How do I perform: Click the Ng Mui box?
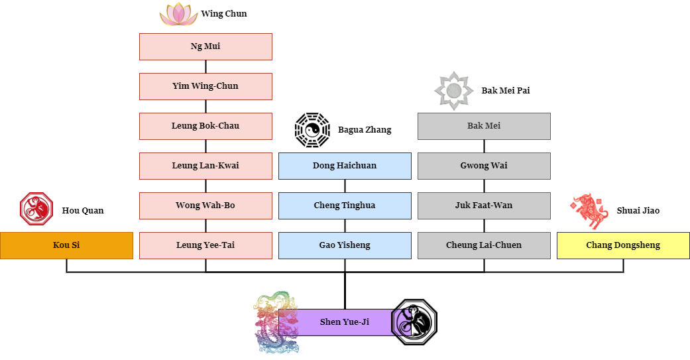(x=205, y=46)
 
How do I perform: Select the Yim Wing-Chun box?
(x=205, y=86)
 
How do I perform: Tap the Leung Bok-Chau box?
(x=205, y=126)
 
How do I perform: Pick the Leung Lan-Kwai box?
(x=205, y=166)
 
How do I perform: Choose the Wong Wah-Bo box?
(x=205, y=206)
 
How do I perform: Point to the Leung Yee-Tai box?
(x=205, y=245)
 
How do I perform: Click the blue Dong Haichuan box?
(x=345, y=166)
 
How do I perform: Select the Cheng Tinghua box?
(x=345, y=206)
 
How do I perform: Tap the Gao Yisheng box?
(x=345, y=245)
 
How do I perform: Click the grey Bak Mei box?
(x=484, y=126)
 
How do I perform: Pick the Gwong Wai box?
(x=484, y=166)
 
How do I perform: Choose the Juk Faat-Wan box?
(x=484, y=206)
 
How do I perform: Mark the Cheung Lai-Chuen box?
(x=484, y=245)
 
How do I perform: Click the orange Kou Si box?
(x=66, y=245)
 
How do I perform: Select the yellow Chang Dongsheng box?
(x=623, y=245)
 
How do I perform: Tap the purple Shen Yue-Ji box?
(x=345, y=322)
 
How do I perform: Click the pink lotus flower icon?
(x=179, y=15)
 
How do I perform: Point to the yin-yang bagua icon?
(x=312, y=130)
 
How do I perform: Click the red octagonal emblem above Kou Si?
(x=36, y=209)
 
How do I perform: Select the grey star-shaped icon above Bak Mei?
(x=453, y=90)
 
